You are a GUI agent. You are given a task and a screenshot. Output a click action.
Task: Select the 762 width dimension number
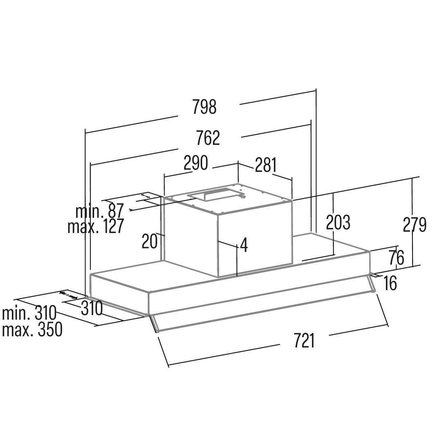pos(208,138)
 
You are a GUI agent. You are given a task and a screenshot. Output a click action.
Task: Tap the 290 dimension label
pos(196,163)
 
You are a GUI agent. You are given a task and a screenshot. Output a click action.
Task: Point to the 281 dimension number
pos(266,165)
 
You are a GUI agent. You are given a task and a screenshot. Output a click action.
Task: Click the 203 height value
pos(338,223)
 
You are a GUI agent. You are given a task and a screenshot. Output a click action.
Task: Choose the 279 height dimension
pos(415,225)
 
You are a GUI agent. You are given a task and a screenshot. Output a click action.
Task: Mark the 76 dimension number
pos(396,258)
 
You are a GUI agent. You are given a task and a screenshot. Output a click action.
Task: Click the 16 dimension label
pos(390,284)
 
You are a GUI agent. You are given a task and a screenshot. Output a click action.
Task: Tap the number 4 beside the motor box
pos(244,245)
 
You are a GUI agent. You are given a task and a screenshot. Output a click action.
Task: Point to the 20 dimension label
pos(149,241)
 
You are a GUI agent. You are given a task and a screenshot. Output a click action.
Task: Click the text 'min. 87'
pos(99,211)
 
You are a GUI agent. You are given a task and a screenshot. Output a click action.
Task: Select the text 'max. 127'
pos(95,226)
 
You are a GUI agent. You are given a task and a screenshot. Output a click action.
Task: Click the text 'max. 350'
pos(32,329)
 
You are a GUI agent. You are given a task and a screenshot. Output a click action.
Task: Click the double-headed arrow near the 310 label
pos(69,295)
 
